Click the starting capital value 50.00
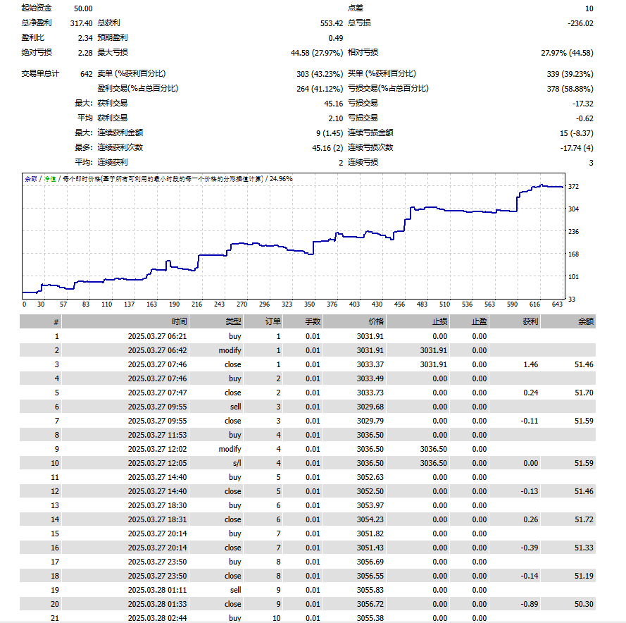[83, 8]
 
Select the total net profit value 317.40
[82, 23]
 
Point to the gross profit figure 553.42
[332, 23]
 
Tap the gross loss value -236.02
[580, 23]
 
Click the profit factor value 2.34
[85, 38]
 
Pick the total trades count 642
[86, 74]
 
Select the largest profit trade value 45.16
[333, 104]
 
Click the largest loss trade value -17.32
[583, 104]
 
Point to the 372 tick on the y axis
[573, 186]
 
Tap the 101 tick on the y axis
[573, 276]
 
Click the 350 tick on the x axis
[309, 304]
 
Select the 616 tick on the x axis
[534, 304]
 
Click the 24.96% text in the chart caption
[281, 178]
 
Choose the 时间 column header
[180, 321]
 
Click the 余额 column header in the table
[586, 321]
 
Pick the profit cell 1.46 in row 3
[530, 364]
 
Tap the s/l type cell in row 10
[237, 463]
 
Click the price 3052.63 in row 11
[370, 477]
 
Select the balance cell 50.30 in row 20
[584, 604]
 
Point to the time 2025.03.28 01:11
[157, 590]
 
